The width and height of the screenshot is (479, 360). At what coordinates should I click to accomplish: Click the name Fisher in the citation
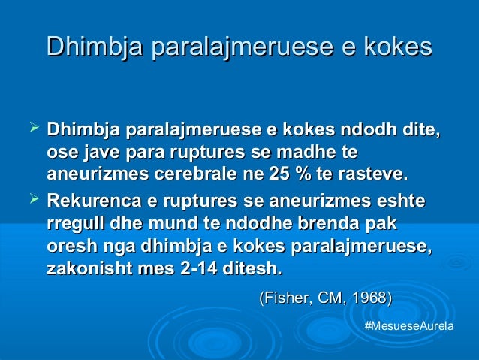coord(286,299)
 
